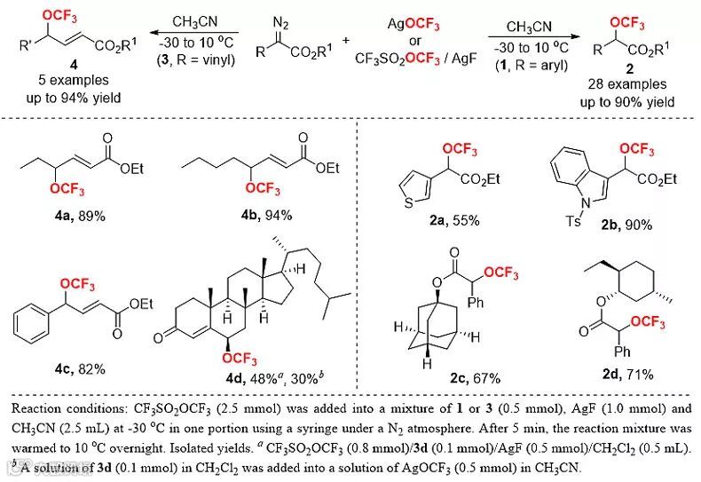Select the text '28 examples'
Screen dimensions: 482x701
click(615, 86)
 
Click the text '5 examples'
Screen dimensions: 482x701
click(55, 86)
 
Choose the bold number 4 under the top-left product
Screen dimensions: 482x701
click(55, 72)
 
